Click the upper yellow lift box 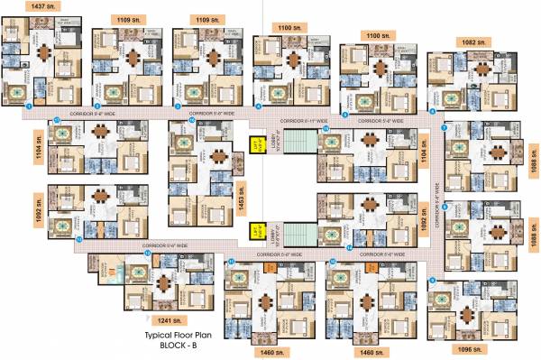coord(255,142)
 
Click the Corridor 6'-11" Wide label coord(298,121)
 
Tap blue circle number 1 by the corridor coord(30,106)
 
